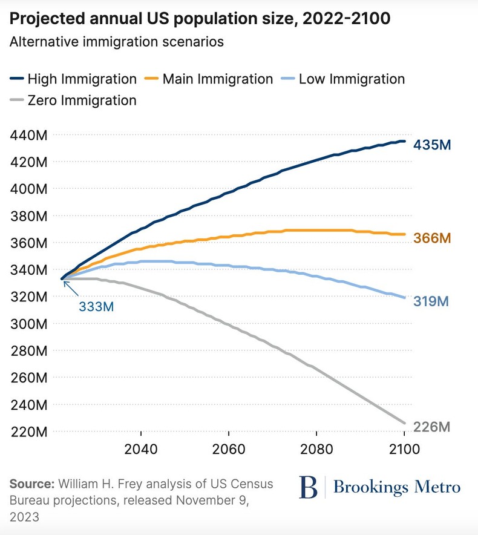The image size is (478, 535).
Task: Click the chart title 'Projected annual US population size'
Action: pyautogui.click(x=200, y=19)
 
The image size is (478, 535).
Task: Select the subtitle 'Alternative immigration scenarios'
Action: pyautogui.click(x=117, y=42)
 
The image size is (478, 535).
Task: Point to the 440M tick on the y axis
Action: pyautogui.click(x=29, y=135)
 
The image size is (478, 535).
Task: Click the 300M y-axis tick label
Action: pyautogui.click(x=29, y=324)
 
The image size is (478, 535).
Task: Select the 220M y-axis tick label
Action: pyautogui.click(x=29, y=432)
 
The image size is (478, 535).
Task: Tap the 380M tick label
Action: pyautogui.click(x=29, y=216)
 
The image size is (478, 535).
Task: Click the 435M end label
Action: pyautogui.click(x=432, y=145)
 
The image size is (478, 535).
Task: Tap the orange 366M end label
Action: pyautogui.click(x=432, y=238)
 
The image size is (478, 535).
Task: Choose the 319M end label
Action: pyautogui.click(x=432, y=301)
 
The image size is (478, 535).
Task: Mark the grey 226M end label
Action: pyautogui.click(x=432, y=427)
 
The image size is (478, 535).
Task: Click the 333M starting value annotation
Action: pyautogui.click(x=96, y=306)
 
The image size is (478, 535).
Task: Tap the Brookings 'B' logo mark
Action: pyautogui.click(x=308, y=487)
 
